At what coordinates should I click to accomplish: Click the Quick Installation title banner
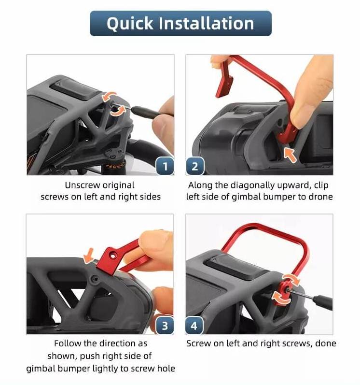pos(180,24)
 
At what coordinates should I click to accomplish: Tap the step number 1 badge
pos(165,166)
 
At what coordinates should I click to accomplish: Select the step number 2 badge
pos(195,166)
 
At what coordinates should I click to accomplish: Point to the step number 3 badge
pos(165,326)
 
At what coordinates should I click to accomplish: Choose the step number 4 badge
pos(194,326)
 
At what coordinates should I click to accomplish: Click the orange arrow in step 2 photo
pos(290,154)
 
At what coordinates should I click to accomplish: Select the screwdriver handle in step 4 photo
pos(323,302)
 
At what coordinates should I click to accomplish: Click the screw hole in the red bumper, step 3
pos(112,257)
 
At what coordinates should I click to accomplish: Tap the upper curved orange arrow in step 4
pos(291,279)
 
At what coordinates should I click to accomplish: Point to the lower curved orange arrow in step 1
pos(118,112)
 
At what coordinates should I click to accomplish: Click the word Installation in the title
pos(206,24)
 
